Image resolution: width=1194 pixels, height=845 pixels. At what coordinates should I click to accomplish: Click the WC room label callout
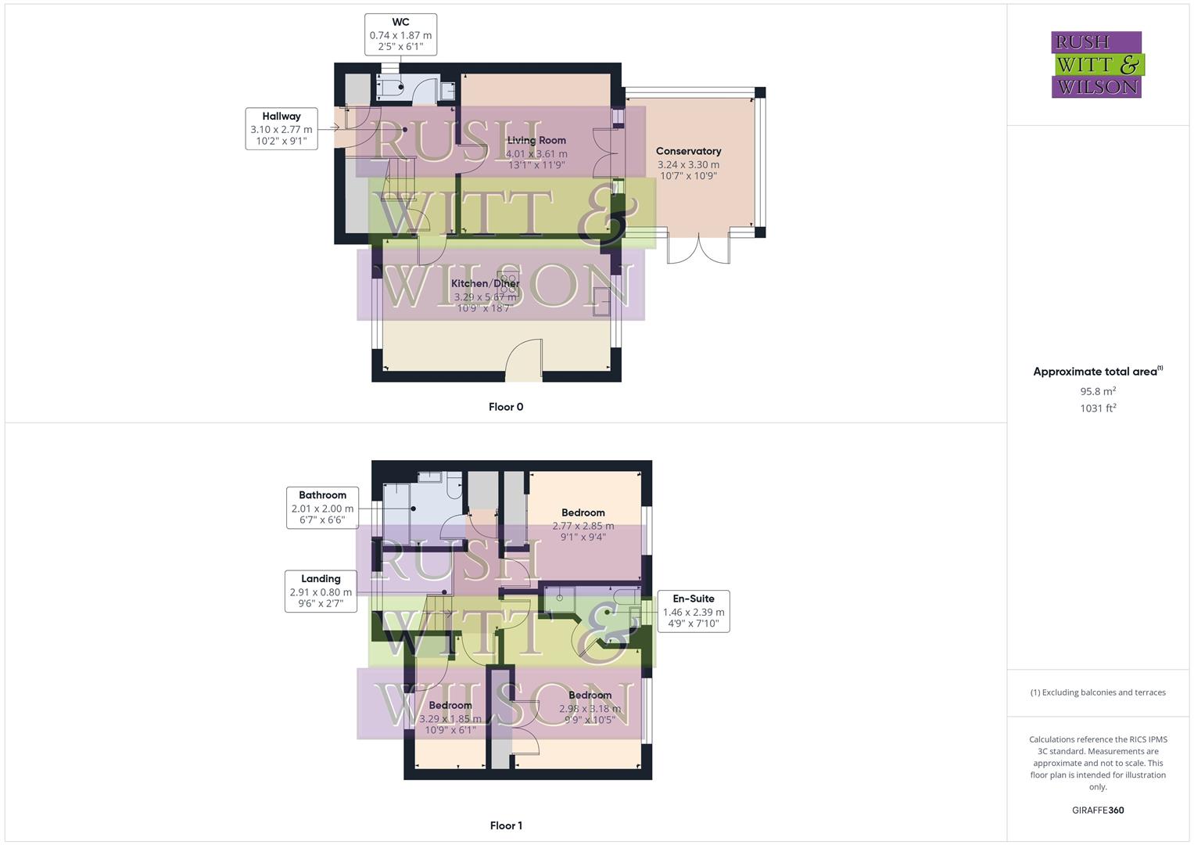(400, 34)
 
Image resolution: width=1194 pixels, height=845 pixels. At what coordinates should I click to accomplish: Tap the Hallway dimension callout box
(281, 129)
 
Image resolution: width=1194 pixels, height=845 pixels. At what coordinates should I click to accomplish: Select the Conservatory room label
(688, 151)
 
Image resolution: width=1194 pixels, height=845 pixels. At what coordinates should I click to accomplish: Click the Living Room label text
(536, 141)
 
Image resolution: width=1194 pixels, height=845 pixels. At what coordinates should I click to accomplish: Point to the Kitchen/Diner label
(485, 283)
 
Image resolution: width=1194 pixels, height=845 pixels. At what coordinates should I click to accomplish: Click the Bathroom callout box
(322, 507)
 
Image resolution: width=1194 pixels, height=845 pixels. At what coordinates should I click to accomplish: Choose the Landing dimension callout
(321, 591)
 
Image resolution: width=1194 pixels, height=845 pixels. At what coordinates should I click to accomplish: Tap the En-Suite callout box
(694, 611)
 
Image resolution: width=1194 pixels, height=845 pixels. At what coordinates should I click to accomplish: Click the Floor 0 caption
(506, 407)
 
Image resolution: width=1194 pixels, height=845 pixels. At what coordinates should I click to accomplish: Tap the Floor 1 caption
(506, 825)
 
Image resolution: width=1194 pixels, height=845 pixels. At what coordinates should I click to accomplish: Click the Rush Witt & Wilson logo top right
(1097, 64)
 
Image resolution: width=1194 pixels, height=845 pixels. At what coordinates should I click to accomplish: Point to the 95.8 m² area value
(1098, 391)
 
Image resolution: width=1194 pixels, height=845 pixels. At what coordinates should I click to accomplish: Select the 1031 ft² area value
(1098, 408)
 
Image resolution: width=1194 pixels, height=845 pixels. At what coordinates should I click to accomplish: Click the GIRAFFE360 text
(1098, 811)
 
